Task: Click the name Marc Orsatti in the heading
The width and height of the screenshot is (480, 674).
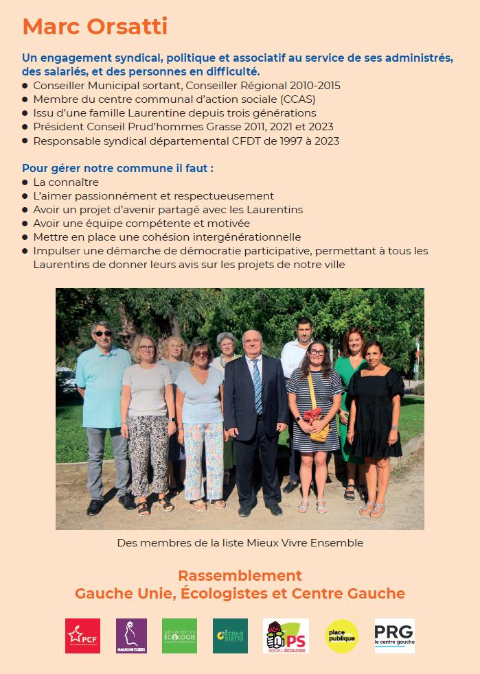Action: point(95,27)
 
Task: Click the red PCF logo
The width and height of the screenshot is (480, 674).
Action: point(82,636)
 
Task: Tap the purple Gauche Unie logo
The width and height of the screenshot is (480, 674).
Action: point(131,636)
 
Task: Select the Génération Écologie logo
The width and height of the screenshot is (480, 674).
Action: point(179,636)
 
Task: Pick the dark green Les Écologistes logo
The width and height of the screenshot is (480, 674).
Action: point(230,636)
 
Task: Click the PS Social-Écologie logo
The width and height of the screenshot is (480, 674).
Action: point(286,636)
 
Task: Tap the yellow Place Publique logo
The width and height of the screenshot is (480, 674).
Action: point(341,636)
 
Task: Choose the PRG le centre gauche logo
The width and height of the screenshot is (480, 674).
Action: point(394,636)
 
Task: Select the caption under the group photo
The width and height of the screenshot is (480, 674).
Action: point(240,542)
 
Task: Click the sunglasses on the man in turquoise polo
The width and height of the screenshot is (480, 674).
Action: point(102,334)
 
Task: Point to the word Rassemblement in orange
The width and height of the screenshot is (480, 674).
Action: point(240,575)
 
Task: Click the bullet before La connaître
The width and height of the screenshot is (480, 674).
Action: point(25,182)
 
